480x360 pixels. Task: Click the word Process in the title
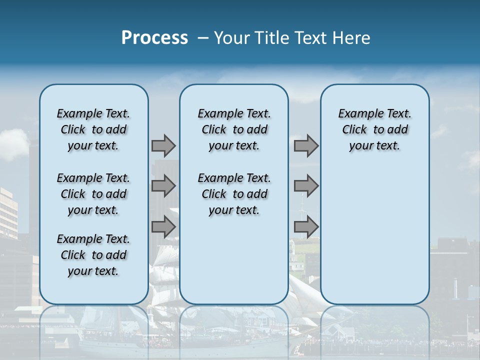(x=154, y=38)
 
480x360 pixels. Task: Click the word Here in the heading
(x=352, y=38)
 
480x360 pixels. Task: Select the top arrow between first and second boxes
(x=163, y=145)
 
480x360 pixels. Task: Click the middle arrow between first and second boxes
(x=163, y=186)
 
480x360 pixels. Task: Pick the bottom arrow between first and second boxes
(x=163, y=227)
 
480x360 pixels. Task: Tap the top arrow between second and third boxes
(x=306, y=145)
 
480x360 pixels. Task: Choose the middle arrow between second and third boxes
(x=306, y=186)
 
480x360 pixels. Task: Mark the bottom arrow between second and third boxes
(x=306, y=227)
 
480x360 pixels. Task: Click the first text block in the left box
(x=93, y=129)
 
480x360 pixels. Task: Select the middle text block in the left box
(x=93, y=194)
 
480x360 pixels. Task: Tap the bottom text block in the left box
(x=93, y=255)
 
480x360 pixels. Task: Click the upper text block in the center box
(x=234, y=129)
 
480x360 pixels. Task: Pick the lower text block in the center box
(x=234, y=194)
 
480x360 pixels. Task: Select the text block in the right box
(x=374, y=129)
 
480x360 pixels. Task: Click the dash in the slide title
(x=203, y=38)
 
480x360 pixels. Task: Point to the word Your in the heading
(x=232, y=38)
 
